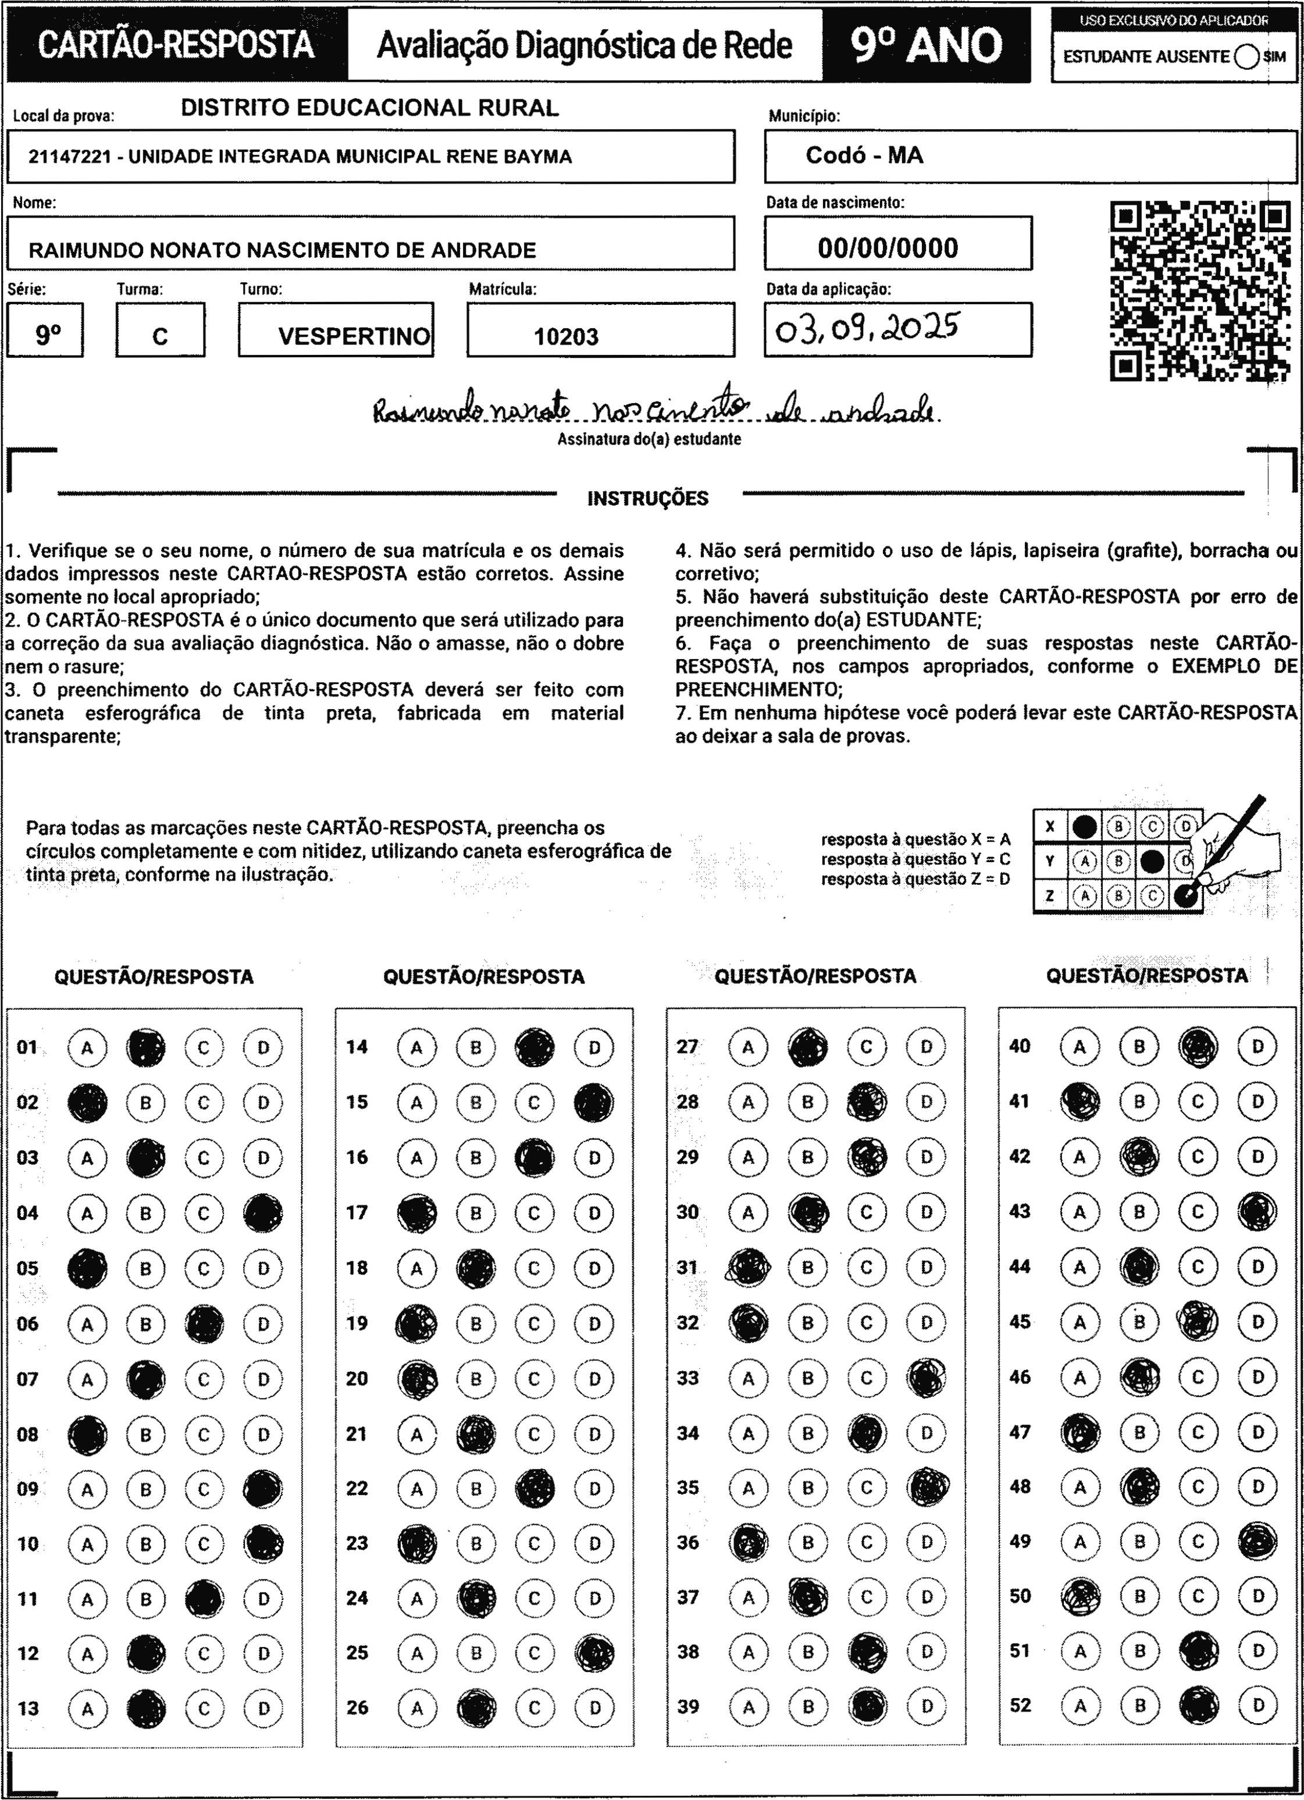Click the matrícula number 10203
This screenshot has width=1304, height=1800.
[566, 336]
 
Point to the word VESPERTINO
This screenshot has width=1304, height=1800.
[354, 336]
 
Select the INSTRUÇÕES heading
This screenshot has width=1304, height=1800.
[647, 499]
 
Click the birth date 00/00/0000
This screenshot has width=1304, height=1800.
[888, 248]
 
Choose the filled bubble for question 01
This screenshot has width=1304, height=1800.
[146, 1048]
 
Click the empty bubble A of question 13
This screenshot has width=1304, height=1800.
[87, 1709]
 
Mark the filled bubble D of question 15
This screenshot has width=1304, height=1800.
[594, 1102]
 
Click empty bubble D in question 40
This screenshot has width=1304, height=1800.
[1257, 1047]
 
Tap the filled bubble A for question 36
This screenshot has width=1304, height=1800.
[749, 1542]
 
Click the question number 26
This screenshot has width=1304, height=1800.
[357, 1707]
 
